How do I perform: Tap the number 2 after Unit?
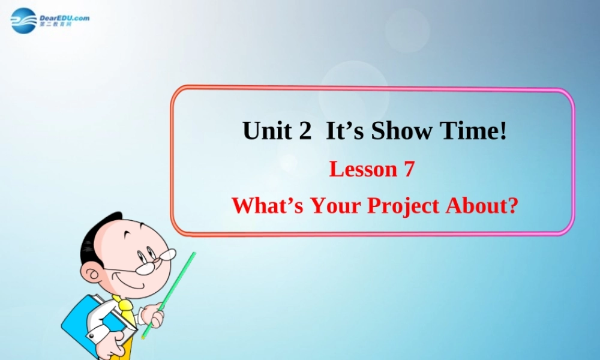304,131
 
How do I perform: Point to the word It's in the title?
345,131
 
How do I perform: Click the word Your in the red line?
337,205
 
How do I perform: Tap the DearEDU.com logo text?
64,19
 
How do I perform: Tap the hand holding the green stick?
154,315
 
